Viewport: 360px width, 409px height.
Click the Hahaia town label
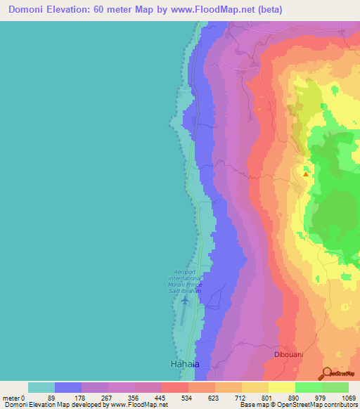(x=185, y=364)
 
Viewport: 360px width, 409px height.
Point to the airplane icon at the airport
(x=185, y=301)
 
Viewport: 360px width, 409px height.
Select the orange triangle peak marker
(x=305, y=174)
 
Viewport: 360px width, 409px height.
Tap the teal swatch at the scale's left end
(x=41, y=387)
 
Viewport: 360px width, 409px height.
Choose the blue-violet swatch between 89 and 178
(x=68, y=387)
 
